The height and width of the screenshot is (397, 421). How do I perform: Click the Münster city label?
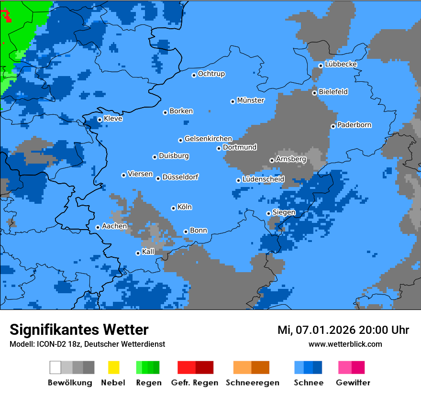(251, 100)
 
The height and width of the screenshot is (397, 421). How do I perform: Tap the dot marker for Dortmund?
(219, 148)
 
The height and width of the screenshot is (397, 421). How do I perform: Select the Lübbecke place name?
(341, 64)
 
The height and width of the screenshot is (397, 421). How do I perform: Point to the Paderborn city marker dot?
(333, 126)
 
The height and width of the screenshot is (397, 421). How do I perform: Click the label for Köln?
(185, 207)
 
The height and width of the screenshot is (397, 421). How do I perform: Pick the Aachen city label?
(114, 226)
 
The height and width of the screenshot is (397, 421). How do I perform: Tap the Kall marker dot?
(138, 253)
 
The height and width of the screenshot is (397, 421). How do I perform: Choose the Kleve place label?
(113, 119)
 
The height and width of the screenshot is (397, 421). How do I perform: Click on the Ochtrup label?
(211, 74)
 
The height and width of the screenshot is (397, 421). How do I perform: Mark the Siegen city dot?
(268, 214)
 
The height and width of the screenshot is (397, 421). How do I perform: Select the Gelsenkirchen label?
(208, 139)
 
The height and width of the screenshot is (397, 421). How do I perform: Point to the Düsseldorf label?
(180, 177)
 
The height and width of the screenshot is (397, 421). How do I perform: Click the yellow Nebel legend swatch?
(113, 367)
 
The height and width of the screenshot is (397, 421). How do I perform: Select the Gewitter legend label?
(353, 383)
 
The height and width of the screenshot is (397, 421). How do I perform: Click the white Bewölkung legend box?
(55, 367)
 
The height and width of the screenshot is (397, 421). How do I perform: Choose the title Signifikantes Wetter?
(79, 330)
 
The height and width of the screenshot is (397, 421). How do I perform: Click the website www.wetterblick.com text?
(345, 344)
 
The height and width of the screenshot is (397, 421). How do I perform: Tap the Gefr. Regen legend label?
(195, 383)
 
